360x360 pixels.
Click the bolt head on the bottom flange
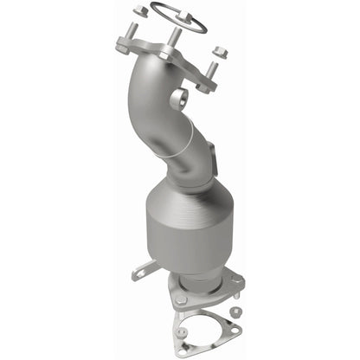[x=181, y=300]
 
